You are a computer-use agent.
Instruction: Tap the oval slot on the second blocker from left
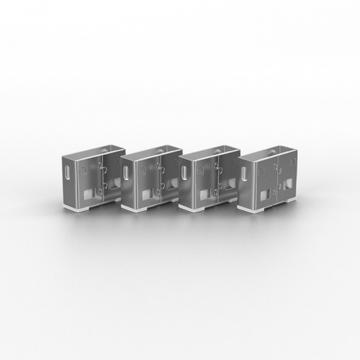(127, 174)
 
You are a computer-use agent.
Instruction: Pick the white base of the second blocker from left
(140, 210)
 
